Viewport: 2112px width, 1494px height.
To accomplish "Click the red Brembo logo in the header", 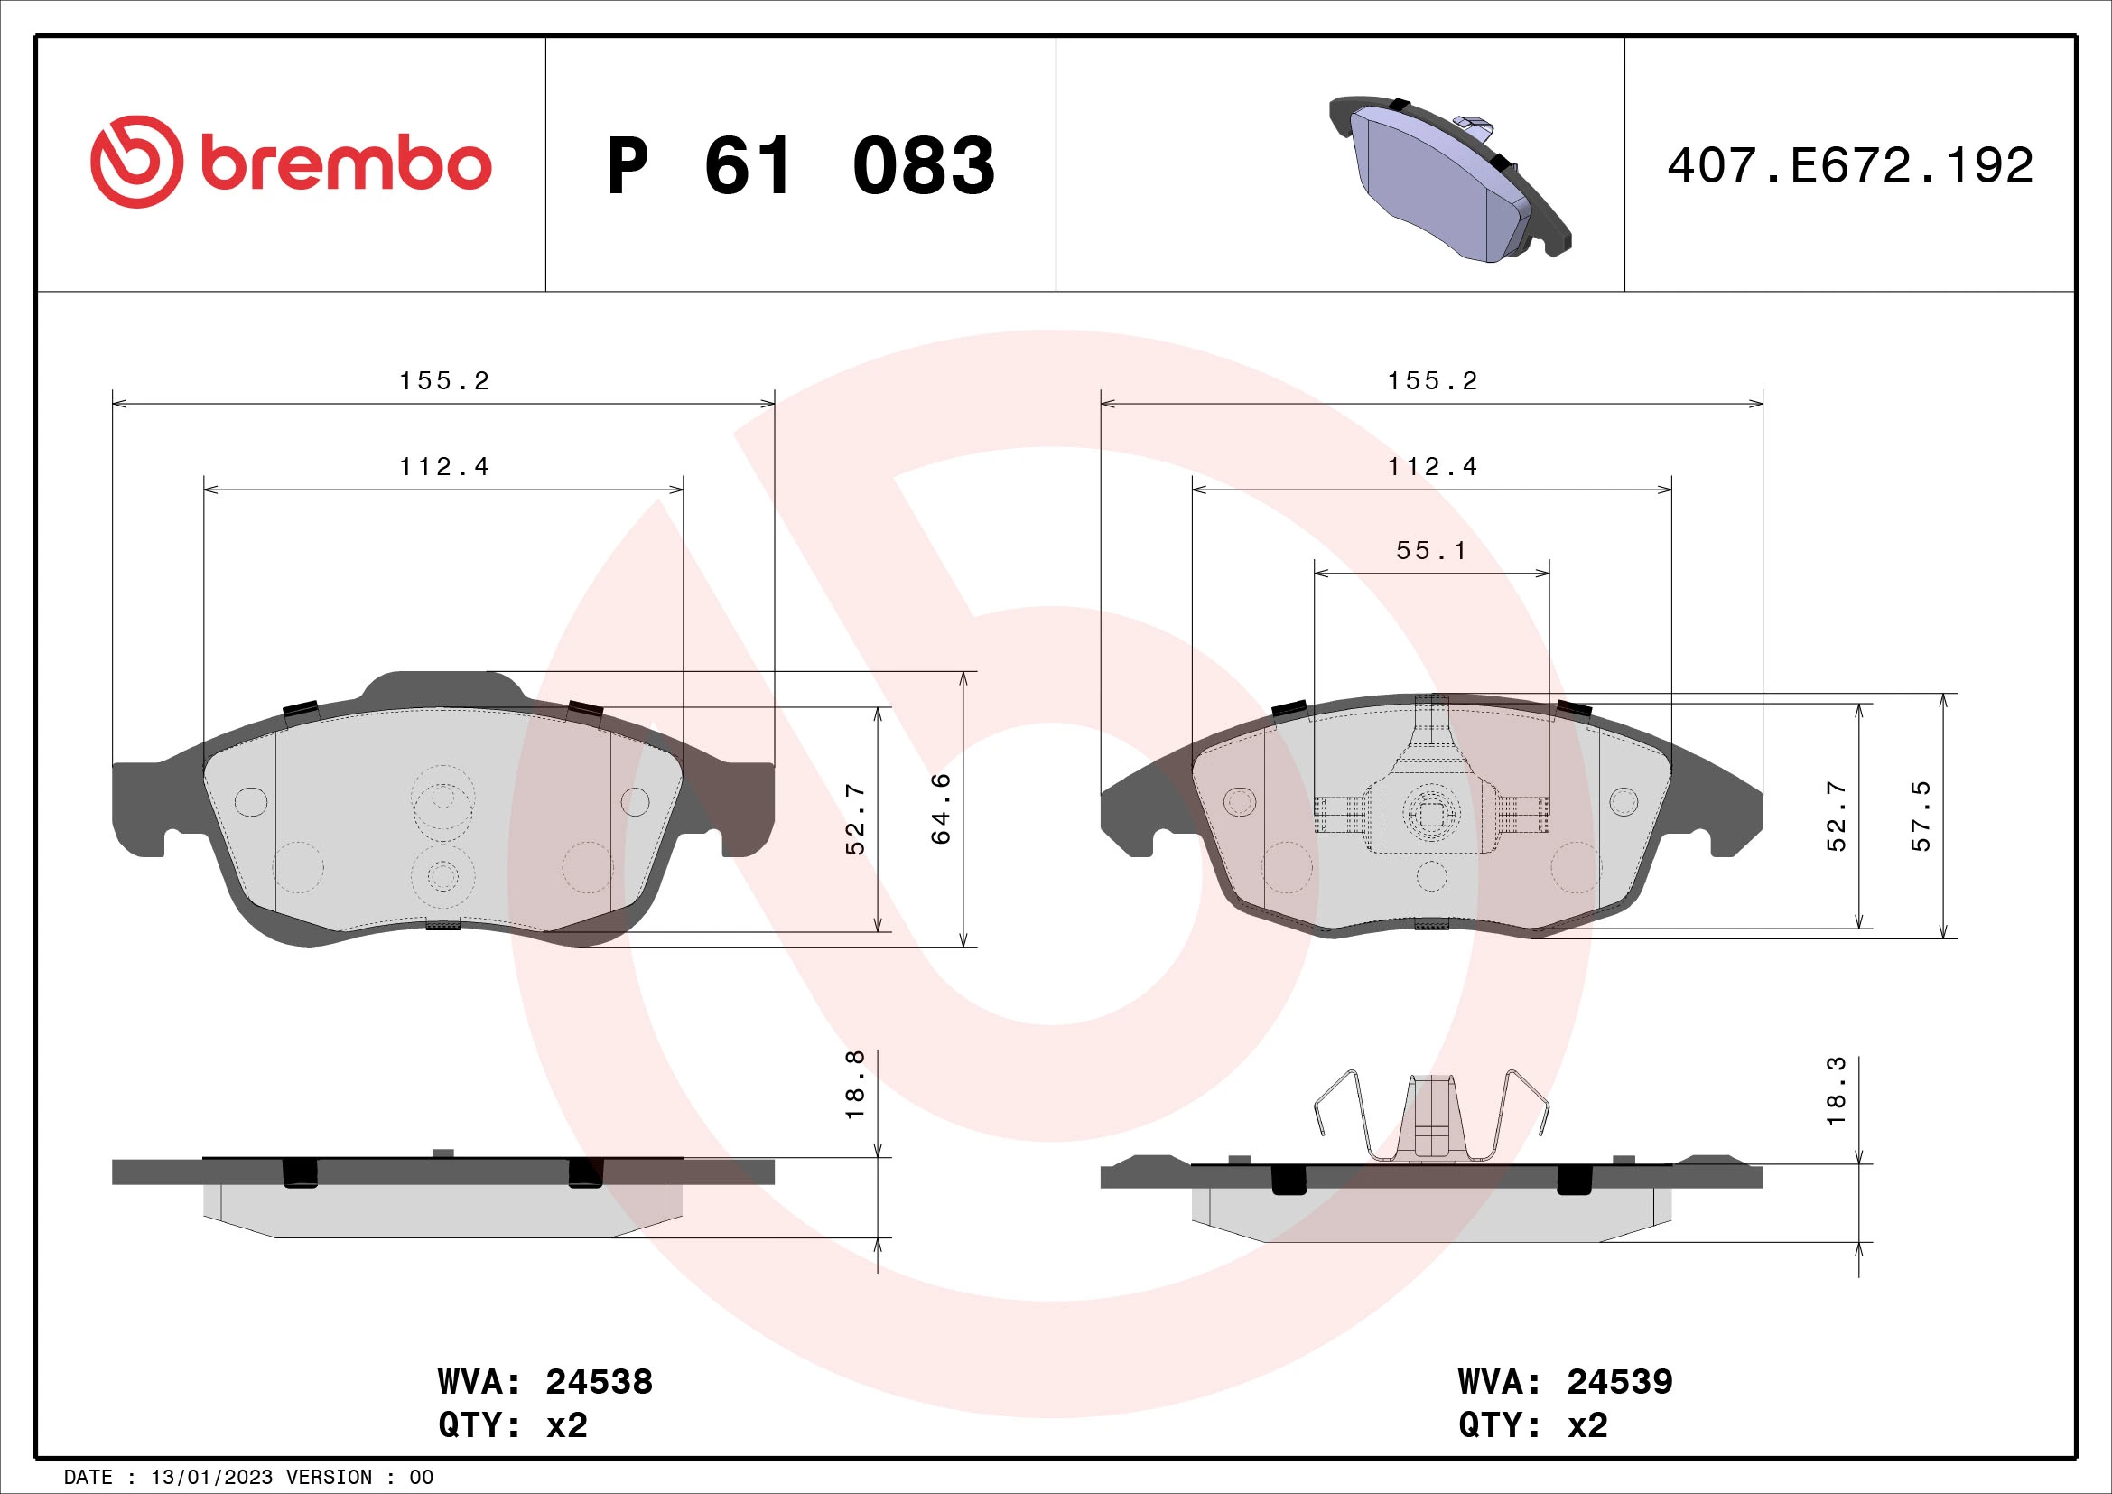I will pyautogui.click(x=291, y=162).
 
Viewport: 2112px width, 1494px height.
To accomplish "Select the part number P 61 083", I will pyautogui.click(x=800, y=166).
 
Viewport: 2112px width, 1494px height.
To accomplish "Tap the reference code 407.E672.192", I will pyautogui.click(x=1850, y=166).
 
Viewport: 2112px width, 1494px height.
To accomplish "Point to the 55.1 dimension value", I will pyautogui.click(x=1431, y=550).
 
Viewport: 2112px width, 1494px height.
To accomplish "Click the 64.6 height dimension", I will pyautogui.click(x=941, y=808).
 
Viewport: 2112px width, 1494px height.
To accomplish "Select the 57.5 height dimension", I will pyautogui.click(x=1921, y=816).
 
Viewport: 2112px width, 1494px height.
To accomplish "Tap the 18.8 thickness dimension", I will pyautogui.click(x=855, y=1085).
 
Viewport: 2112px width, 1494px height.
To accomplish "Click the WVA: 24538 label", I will pyautogui.click(x=544, y=1382).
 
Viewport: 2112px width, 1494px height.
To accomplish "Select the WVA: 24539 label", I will pyautogui.click(x=1565, y=1382).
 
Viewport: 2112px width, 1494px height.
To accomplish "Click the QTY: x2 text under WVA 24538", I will pyautogui.click(x=512, y=1425).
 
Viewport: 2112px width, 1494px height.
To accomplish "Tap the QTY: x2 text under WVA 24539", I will pyautogui.click(x=1532, y=1425).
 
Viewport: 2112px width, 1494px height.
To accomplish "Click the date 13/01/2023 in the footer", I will pyautogui.click(x=211, y=1477).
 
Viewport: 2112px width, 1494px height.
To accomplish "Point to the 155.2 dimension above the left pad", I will pyautogui.click(x=444, y=381).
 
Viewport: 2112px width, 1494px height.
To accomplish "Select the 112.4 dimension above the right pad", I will pyautogui.click(x=1432, y=467).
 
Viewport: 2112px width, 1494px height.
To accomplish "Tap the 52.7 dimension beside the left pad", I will pyautogui.click(x=855, y=818).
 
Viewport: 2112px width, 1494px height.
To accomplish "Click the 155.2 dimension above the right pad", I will pyautogui.click(x=1432, y=381).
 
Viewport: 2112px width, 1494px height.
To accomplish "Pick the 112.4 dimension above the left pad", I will pyautogui.click(x=444, y=467).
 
